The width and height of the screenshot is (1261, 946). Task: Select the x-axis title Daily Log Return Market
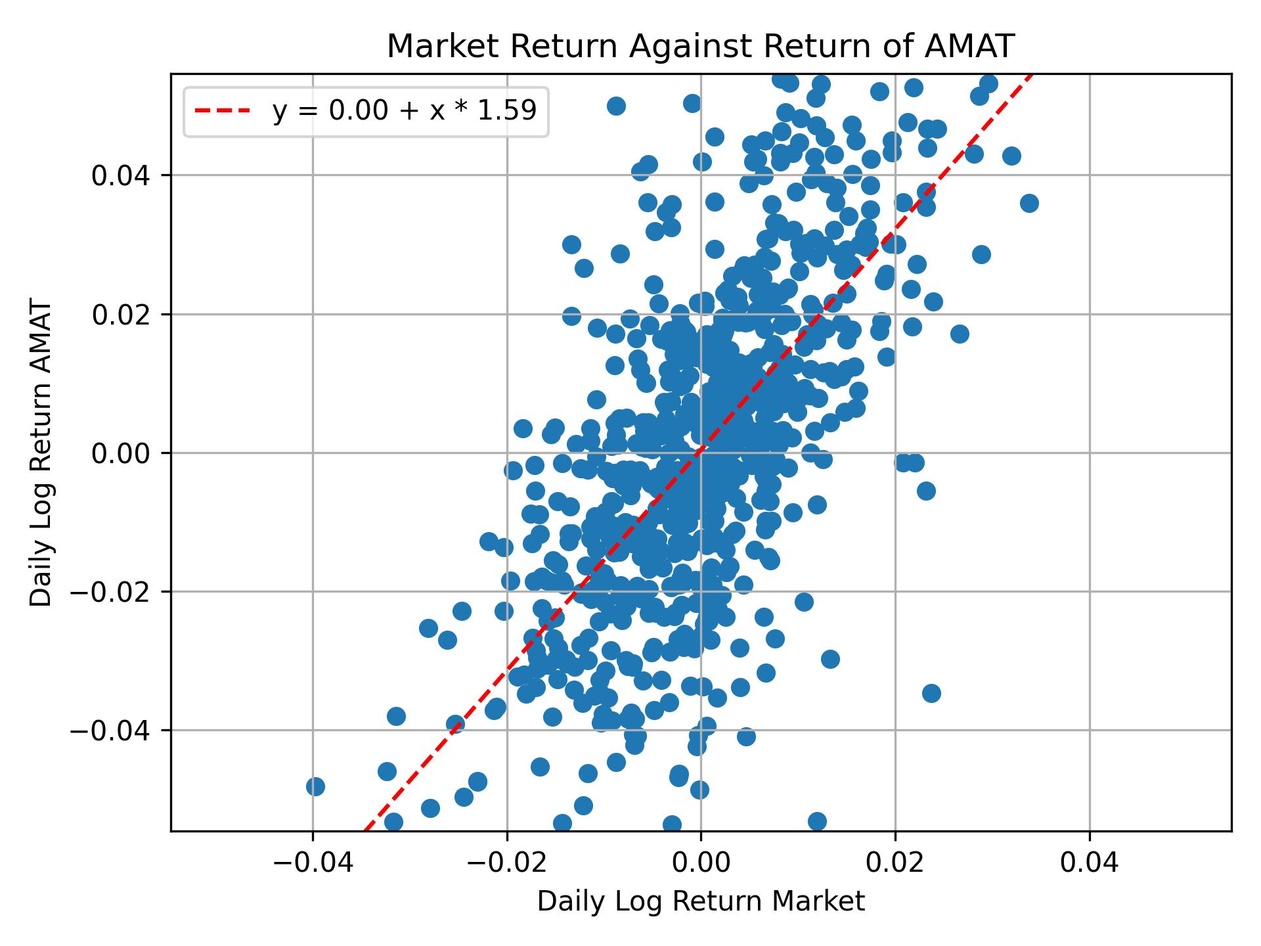click(x=701, y=902)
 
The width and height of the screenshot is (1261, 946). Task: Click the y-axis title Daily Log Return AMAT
click(x=41, y=454)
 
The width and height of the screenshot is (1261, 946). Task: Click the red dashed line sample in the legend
click(x=223, y=111)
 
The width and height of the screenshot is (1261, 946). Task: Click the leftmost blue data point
click(x=315, y=786)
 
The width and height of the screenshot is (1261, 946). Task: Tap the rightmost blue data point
click(x=1029, y=203)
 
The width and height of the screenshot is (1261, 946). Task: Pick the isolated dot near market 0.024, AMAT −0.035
click(x=931, y=693)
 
